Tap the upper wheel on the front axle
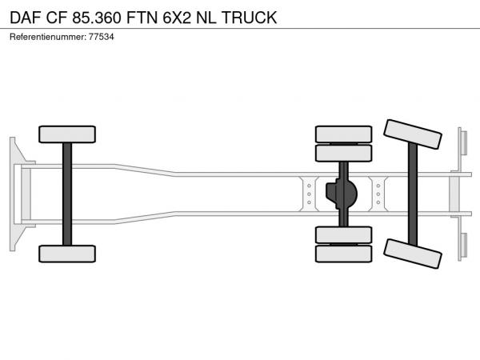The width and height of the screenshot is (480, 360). click(67, 134)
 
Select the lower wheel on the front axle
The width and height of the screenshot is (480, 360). click(67, 254)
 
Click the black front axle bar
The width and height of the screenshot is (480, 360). click(67, 194)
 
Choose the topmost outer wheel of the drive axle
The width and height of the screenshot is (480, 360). click(343, 134)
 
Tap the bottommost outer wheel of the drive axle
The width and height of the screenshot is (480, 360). click(343, 254)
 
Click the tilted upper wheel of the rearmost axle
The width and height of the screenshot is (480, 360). click(413, 134)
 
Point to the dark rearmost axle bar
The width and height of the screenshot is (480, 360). click(413, 194)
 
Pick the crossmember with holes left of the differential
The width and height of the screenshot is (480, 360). click(308, 194)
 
